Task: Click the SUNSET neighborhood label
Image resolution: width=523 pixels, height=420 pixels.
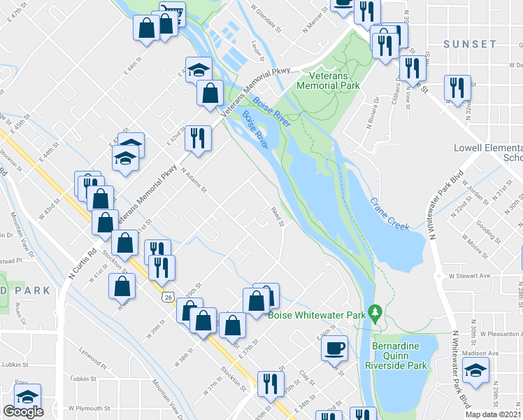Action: [x=469, y=44]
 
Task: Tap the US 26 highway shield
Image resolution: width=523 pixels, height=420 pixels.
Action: [x=171, y=297]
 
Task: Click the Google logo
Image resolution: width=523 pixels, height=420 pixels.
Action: [x=23, y=412]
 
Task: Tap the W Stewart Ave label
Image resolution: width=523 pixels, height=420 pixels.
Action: [x=461, y=276]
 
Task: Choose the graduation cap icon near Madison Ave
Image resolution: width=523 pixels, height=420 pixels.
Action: [x=476, y=372]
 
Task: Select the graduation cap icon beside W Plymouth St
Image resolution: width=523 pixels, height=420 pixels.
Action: [x=27, y=396]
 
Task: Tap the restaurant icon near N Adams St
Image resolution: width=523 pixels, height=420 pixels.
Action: [x=198, y=137]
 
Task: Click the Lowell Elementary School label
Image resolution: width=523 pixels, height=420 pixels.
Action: [x=487, y=153]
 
